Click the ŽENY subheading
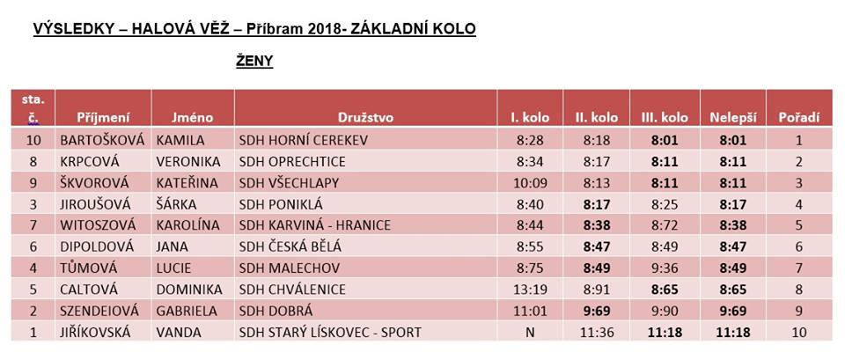click(x=254, y=62)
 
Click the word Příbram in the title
click(x=276, y=28)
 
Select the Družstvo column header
click(x=365, y=117)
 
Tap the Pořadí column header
click(x=798, y=117)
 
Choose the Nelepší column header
click(x=733, y=117)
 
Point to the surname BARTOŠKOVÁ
click(x=102, y=141)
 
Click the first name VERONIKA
click(x=188, y=162)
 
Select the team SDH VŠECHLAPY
click(x=289, y=183)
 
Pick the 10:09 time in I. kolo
click(x=530, y=183)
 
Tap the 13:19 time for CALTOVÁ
click(x=530, y=290)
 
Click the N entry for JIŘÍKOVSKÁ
click(x=530, y=333)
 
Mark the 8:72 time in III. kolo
click(x=665, y=226)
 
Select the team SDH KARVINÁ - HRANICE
click(x=315, y=226)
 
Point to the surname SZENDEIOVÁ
click(x=99, y=311)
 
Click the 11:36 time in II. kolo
click(x=597, y=333)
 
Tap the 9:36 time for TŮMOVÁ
click(x=665, y=268)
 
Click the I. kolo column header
click(x=530, y=117)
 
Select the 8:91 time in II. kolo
click(x=597, y=290)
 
